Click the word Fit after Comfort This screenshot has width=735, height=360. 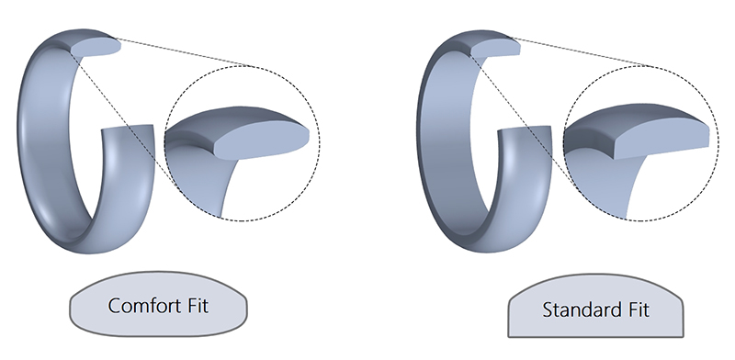point(198,305)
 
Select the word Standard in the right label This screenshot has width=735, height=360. point(577,309)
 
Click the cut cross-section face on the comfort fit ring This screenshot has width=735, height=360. point(96,46)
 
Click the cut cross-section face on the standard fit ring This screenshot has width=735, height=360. point(497,47)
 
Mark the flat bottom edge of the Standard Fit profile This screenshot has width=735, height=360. point(595,336)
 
